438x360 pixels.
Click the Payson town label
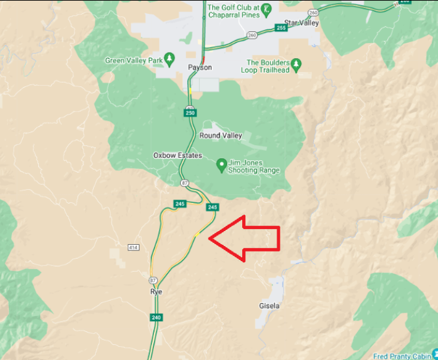click(200, 67)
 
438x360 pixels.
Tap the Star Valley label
click(301, 23)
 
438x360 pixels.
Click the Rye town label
click(156, 292)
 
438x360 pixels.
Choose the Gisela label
click(269, 306)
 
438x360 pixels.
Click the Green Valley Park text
click(133, 61)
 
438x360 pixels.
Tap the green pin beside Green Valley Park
click(168, 61)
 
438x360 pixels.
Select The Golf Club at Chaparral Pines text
click(232, 12)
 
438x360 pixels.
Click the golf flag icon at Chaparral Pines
click(267, 9)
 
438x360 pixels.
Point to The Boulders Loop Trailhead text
click(268, 66)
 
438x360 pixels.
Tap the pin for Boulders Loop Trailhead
click(297, 63)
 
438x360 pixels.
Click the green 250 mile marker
click(190, 113)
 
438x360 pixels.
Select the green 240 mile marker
click(156, 317)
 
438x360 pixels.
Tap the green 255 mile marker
click(280, 28)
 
